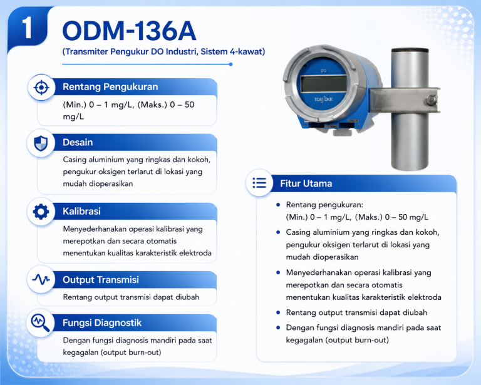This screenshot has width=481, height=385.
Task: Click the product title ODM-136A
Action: point(129,31)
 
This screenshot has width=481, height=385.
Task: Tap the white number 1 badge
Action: point(28,28)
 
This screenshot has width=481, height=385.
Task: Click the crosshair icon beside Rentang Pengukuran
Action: point(41,88)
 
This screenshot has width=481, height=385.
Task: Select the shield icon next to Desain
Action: point(41,143)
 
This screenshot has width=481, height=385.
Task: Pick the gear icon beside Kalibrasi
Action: point(41,212)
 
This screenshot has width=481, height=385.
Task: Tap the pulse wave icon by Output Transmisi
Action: point(41,279)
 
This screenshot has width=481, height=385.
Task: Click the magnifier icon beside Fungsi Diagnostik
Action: point(41,323)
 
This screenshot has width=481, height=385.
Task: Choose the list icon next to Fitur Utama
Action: point(259,183)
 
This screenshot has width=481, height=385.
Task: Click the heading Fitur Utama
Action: point(306,183)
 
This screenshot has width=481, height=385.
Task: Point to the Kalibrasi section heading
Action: point(81,211)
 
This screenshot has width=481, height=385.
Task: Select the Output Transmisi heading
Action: point(101,280)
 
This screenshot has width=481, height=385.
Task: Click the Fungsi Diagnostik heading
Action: point(102,323)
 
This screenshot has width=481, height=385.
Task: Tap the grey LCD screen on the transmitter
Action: point(324,83)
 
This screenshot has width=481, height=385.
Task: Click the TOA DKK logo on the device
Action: point(323,100)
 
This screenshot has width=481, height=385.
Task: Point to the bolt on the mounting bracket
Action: point(431,100)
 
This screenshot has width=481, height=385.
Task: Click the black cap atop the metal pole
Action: point(410,51)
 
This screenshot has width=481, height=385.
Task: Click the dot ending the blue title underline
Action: point(230,64)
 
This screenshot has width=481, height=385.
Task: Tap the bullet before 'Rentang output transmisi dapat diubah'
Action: point(278,312)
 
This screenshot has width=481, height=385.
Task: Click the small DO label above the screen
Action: point(323,71)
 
